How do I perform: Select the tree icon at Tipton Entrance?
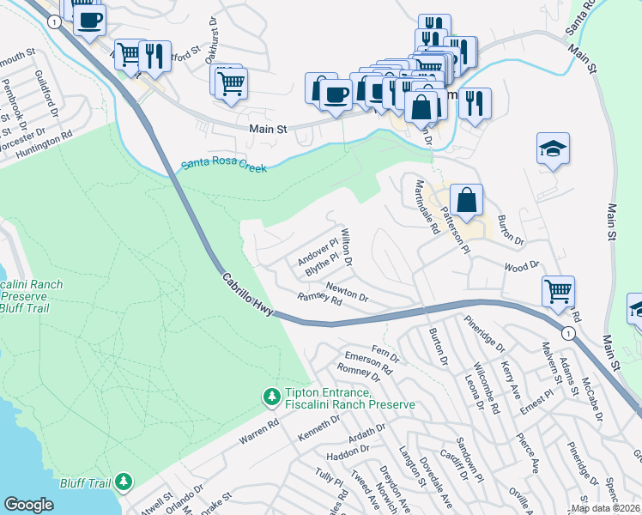pos(271,397)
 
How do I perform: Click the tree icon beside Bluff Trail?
pos(124,482)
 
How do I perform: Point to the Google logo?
pos(28,505)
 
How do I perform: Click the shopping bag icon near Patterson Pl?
pos(466,201)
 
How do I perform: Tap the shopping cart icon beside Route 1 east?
pos(558,292)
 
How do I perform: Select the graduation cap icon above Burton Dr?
pos(553,149)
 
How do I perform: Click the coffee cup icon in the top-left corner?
pos(89,20)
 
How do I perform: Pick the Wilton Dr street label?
pos(348,245)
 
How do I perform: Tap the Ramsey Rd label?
pos(319,298)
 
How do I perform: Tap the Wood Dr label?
pos(521,266)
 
